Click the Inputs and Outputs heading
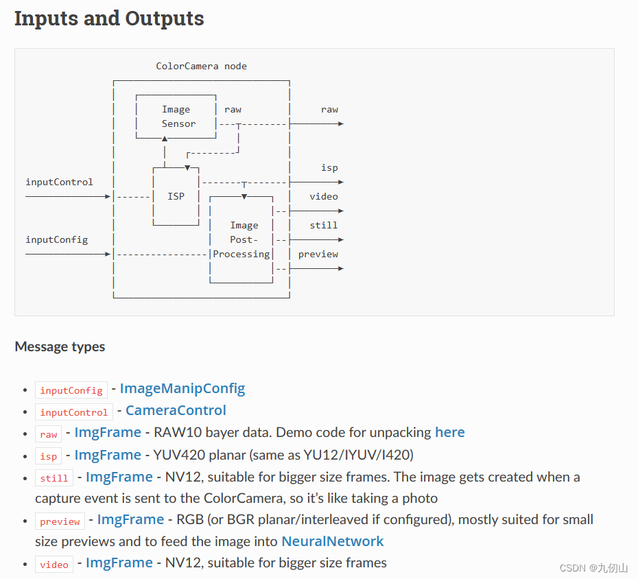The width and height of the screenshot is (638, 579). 109,19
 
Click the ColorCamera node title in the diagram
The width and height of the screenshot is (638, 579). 201,67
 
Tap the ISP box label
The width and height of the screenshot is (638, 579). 176,196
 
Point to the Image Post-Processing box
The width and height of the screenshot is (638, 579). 244,239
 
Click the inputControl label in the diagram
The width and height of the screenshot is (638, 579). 59,182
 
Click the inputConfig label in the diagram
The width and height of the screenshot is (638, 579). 56,239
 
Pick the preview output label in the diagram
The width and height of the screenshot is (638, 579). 318,254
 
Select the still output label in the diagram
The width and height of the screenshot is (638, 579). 323,225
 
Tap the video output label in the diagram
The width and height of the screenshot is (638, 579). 323,196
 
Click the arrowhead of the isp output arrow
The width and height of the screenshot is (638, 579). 340,182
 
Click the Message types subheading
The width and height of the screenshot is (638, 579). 60,346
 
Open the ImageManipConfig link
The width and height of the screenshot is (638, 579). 182,389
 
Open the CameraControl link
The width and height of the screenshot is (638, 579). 176,411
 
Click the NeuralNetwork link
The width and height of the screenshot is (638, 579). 333,541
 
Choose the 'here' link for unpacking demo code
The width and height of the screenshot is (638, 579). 449,433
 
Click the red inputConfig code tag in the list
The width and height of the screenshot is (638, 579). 71,390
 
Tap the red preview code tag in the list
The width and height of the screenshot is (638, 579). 60,521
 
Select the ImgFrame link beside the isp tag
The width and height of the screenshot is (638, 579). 107,455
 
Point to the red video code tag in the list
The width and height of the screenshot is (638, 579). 54,564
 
